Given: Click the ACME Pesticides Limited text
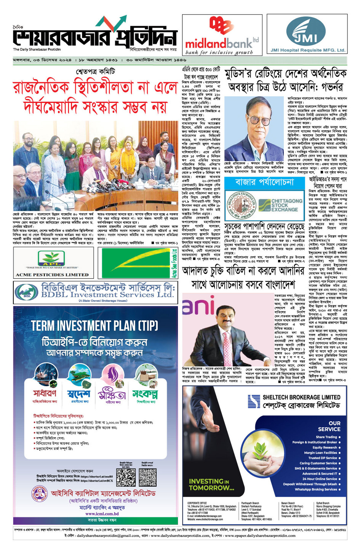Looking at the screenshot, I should click(52, 275).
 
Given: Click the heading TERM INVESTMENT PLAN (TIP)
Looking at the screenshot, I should click(94, 326).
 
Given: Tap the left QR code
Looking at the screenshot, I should click(126, 477).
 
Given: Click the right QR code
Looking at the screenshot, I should click(148, 477).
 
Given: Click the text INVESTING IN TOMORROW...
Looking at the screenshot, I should click(211, 484).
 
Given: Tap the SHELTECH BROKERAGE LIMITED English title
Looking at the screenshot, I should click(301, 397).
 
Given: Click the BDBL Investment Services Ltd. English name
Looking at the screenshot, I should click(107, 295).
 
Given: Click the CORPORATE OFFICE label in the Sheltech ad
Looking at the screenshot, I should click(197, 503).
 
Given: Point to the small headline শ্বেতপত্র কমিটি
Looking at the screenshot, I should click(95, 71).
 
